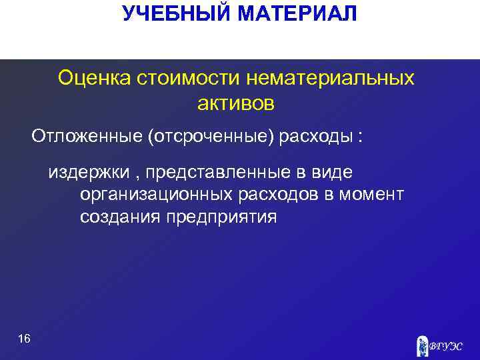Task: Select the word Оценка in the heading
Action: (95, 79)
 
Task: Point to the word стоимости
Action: (189, 79)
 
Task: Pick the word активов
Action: (236, 103)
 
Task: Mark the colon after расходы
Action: (360, 137)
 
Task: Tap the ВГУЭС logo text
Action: (445, 347)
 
